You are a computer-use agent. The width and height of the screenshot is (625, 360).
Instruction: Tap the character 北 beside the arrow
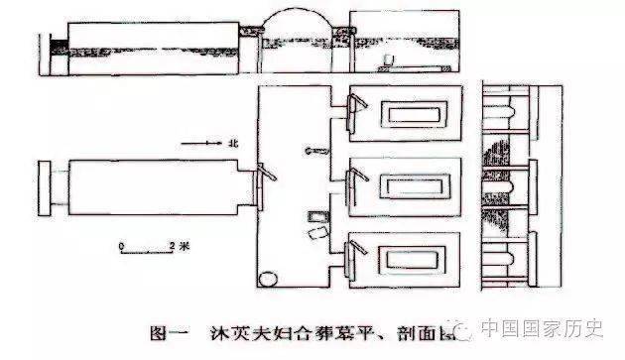point(233,145)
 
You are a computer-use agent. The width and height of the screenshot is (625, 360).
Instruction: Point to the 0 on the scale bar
point(121,241)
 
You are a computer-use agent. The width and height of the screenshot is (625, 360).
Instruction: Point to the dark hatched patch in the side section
point(504,221)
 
